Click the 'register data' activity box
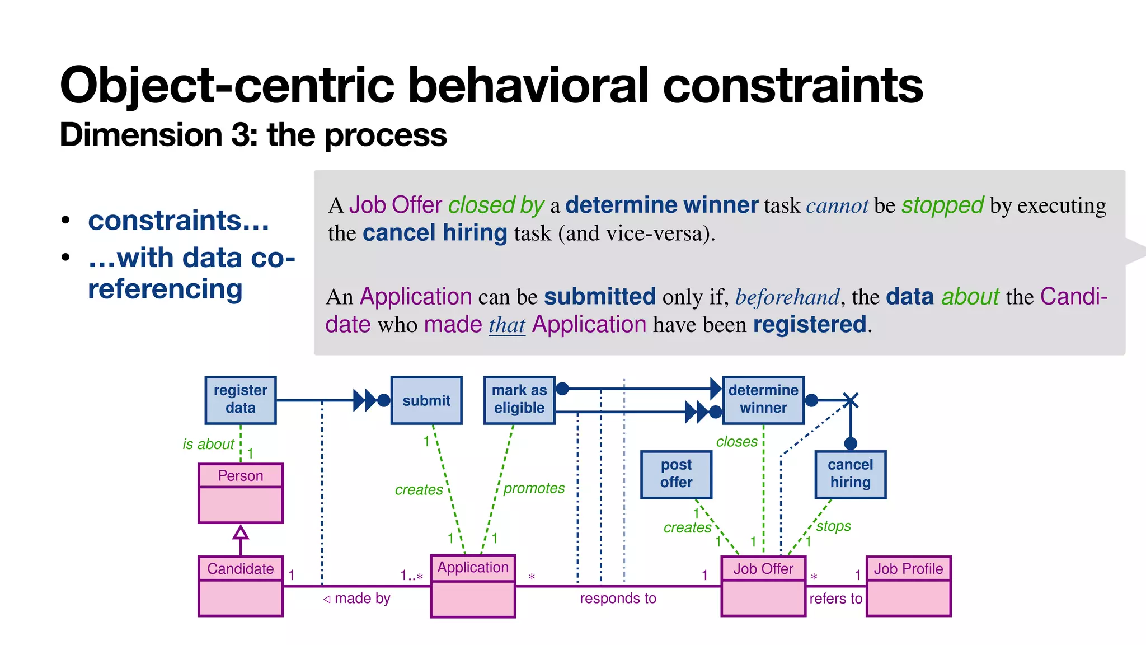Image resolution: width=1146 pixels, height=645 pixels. point(241,400)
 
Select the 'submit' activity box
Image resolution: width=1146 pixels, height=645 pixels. point(426,400)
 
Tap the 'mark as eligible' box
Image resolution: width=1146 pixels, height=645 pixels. point(519,400)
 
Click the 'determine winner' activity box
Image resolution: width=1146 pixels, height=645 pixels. point(763,400)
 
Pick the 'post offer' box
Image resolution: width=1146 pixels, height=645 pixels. point(676,474)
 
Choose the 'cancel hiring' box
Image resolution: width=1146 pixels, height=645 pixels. point(850,474)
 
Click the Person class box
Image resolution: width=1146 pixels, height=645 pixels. point(241,493)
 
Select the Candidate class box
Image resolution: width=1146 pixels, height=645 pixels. point(241,586)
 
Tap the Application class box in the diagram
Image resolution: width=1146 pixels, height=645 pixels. point(473,586)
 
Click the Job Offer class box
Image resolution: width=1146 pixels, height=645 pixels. point(763,586)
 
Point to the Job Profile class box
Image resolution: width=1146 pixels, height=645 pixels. point(908,586)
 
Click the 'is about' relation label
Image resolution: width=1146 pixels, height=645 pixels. point(208,444)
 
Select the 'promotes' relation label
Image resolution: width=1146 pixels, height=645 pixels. point(534,488)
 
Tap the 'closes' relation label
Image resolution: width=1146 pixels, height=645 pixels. point(736,442)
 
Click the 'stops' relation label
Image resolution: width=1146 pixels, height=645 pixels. point(833,526)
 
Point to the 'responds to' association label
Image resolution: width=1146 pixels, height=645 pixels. point(618,599)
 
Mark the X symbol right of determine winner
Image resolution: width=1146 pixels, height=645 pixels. point(851,400)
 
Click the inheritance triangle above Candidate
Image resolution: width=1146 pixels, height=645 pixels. point(241,531)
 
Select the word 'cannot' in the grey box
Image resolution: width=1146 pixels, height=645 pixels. point(837,206)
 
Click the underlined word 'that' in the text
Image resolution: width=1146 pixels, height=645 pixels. point(507,325)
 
